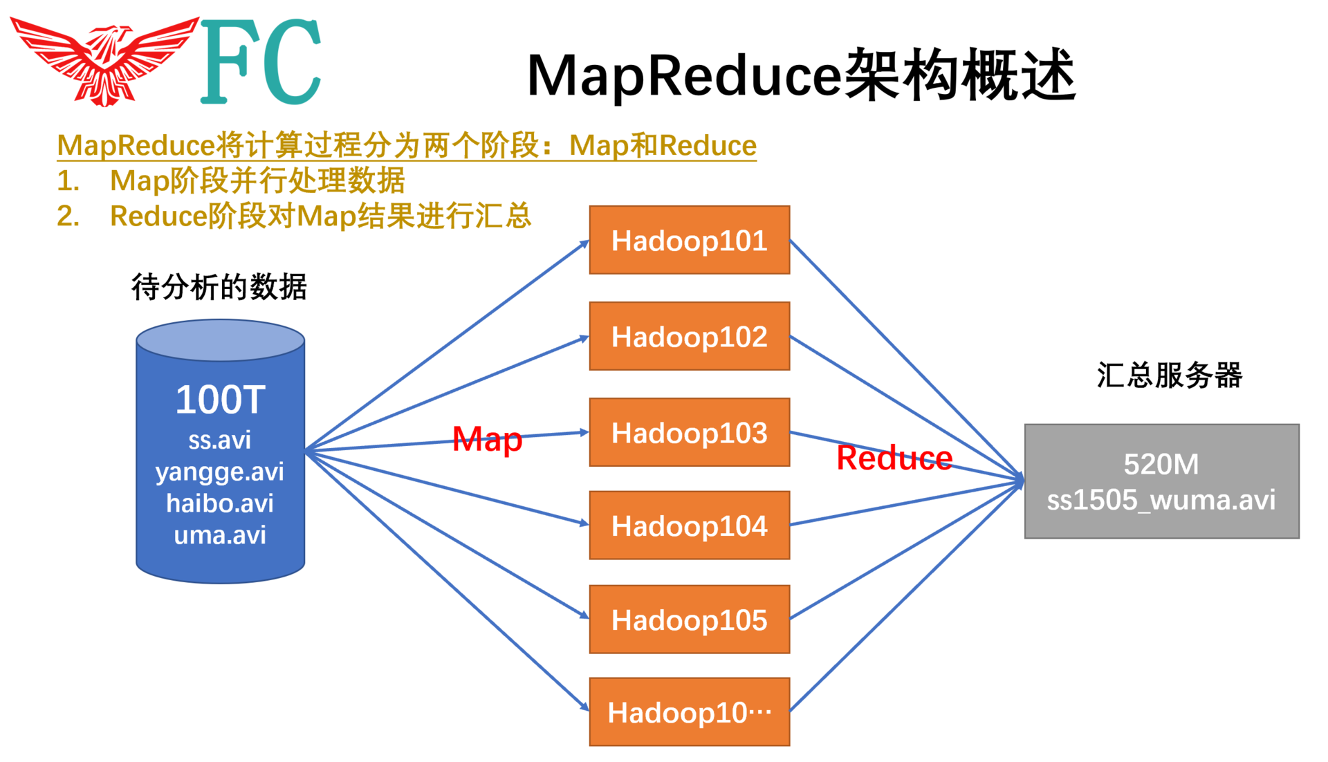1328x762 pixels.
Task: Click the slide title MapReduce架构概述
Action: point(800,75)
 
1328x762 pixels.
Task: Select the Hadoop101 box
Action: point(689,240)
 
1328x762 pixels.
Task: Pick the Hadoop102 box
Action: point(689,336)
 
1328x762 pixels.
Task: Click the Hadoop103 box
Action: point(689,432)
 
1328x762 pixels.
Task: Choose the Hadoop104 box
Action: point(689,526)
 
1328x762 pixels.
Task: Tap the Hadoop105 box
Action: point(689,620)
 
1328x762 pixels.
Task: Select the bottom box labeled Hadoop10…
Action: point(689,712)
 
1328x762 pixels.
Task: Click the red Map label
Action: point(487,439)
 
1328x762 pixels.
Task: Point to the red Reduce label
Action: point(894,458)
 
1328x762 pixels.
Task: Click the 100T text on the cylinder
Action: point(220,400)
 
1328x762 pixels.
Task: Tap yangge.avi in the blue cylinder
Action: point(220,472)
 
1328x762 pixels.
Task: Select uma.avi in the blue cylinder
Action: point(220,535)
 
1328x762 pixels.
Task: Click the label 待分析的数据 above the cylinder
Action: point(219,286)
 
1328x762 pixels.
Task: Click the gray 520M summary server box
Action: point(1161,481)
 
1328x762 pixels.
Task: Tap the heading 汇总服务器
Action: point(1169,375)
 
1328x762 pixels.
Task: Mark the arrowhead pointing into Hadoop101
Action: point(584,243)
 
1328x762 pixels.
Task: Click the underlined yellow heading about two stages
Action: point(407,145)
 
